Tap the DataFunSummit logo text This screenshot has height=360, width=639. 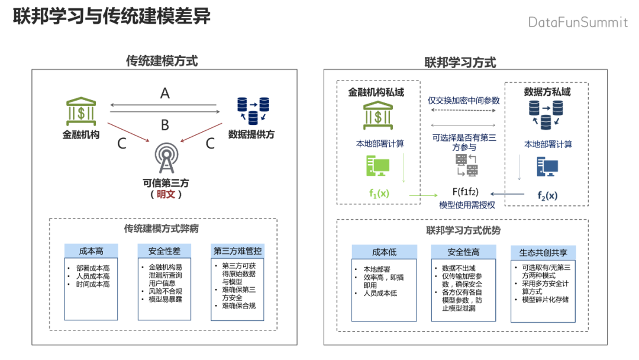pyautogui.click(x=577, y=22)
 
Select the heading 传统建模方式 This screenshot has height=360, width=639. pyautogui.click(x=162, y=60)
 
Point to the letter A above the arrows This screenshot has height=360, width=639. pyautogui.click(x=165, y=93)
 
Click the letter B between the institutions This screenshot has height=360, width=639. pyautogui.click(x=165, y=125)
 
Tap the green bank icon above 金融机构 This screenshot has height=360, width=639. pyautogui.click(x=81, y=109)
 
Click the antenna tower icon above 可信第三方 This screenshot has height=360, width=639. pyautogui.click(x=165, y=156)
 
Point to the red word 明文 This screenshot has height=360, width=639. pyautogui.click(x=165, y=194)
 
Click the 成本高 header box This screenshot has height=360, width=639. pyautogui.click(x=91, y=251)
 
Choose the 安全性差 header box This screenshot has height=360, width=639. pyautogui.click(x=164, y=251)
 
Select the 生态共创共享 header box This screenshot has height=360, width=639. pyautogui.click(x=543, y=253)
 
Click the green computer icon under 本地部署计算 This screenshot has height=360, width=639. pyautogui.click(x=377, y=168)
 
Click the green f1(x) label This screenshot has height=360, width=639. pyautogui.click(x=379, y=194)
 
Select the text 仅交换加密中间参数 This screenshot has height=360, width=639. pyautogui.click(x=464, y=101)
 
